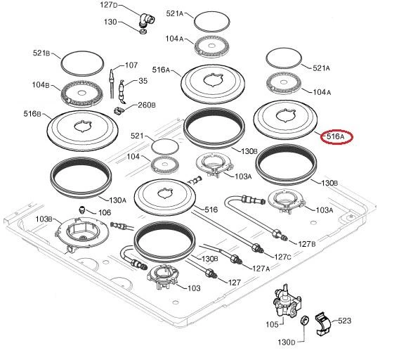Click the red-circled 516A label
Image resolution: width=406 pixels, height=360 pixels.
336,136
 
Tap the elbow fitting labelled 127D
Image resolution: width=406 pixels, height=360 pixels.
147,20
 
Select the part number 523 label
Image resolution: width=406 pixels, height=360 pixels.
344,321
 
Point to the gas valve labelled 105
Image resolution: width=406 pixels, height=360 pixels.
287,302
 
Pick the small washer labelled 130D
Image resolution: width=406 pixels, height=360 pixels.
305,321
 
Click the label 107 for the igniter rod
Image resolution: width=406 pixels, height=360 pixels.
131,65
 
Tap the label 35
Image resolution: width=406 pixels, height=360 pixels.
143,81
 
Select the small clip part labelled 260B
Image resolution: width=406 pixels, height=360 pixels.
119,110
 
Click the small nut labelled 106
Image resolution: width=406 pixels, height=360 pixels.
81,209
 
